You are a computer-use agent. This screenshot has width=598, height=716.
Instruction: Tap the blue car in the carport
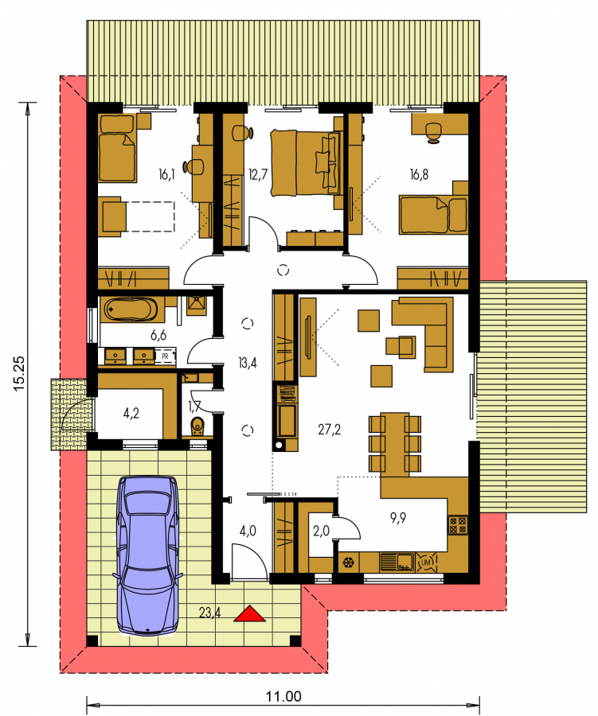tap(148, 556)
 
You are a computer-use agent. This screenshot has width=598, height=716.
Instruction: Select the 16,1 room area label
tap(166, 174)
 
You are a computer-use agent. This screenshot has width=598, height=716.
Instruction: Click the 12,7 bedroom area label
tap(258, 174)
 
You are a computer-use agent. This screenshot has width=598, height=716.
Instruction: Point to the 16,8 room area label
tap(419, 174)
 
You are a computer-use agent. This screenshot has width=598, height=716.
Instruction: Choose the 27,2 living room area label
tap(329, 430)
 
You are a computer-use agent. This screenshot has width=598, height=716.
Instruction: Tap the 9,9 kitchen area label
tap(398, 518)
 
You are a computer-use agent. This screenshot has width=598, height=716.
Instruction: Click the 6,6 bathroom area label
tap(158, 336)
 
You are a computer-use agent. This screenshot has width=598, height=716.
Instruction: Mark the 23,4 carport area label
tap(210, 613)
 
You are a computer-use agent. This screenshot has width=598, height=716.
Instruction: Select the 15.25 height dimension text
tap(19, 373)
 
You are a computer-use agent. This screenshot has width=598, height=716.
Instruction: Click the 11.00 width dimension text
tap(284, 697)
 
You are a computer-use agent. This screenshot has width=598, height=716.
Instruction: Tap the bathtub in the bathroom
tap(129, 310)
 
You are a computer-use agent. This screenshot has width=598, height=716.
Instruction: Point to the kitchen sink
tap(397, 562)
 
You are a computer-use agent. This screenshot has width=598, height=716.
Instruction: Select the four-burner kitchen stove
tap(458, 525)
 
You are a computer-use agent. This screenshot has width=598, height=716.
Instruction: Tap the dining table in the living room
tap(395, 443)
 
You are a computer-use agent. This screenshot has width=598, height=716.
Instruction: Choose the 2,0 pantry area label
tap(322, 531)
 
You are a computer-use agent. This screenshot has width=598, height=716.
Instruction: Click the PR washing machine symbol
tap(165, 356)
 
